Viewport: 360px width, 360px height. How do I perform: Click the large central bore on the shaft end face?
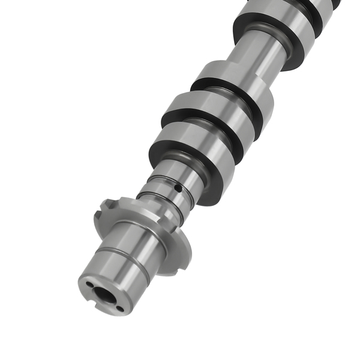[106, 295]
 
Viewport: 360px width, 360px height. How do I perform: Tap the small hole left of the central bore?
[89, 285]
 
